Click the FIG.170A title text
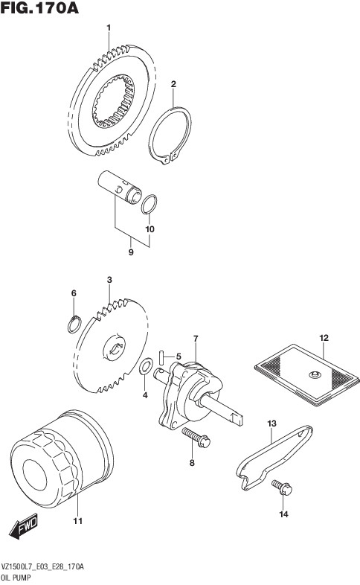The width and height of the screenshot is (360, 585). (x=39, y=8)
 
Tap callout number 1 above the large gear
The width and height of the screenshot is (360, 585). (x=109, y=28)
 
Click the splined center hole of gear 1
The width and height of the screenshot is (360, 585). (x=113, y=101)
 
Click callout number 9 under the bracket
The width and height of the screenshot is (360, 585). (x=131, y=252)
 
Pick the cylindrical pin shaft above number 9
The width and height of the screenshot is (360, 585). (x=120, y=187)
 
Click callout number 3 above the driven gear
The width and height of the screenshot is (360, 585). (x=109, y=280)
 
